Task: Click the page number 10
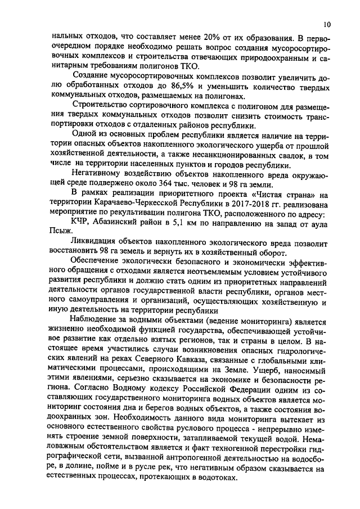(x=327, y=25)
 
